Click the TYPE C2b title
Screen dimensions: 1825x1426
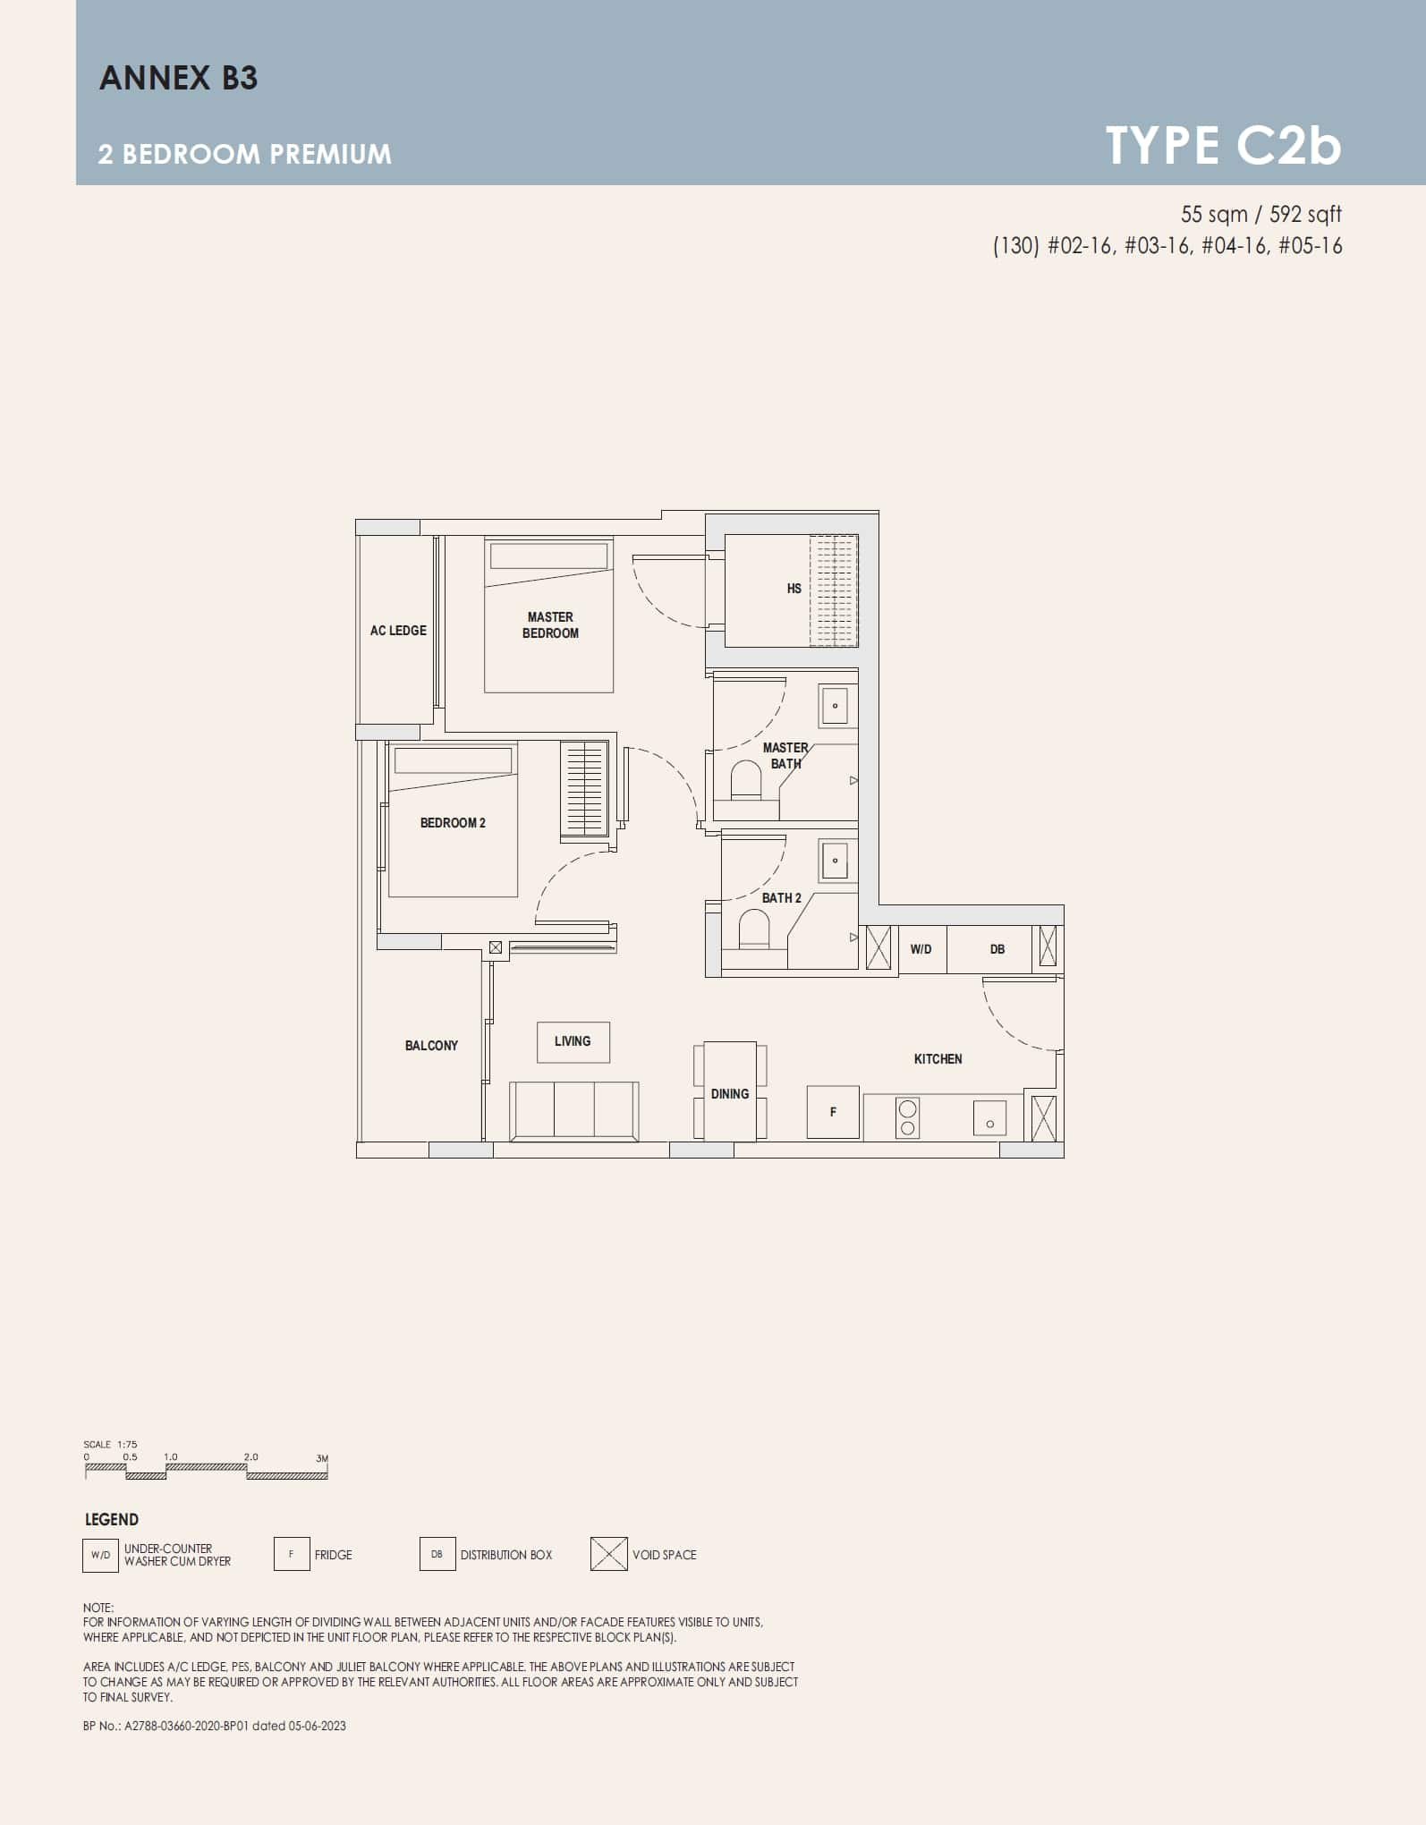coord(1223,145)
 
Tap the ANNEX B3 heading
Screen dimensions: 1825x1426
coord(178,78)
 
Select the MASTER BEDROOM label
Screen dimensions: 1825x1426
coord(550,624)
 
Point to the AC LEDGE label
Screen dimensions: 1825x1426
coord(398,631)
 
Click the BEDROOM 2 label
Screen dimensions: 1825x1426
coord(453,823)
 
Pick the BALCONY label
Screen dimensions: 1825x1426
coord(431,1046)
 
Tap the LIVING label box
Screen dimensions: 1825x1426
coord(573,1041)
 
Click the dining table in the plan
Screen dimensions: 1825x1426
coord(730,1092)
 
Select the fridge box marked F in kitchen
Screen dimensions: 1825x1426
coord(833,1112)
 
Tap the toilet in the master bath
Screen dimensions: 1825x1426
coord(745,780)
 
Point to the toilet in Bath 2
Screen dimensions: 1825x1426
coord(753,929)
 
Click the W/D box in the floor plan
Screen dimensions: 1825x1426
coord(921,949)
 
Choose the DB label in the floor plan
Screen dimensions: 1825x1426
coord(997,949)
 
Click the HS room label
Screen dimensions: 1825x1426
coord(794,589)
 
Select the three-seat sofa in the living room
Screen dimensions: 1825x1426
coord(573,1110)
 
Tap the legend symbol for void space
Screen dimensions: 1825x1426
coord(608,1554)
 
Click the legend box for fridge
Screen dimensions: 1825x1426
coord(292,1554)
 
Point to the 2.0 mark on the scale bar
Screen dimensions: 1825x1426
coord(250,1457)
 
